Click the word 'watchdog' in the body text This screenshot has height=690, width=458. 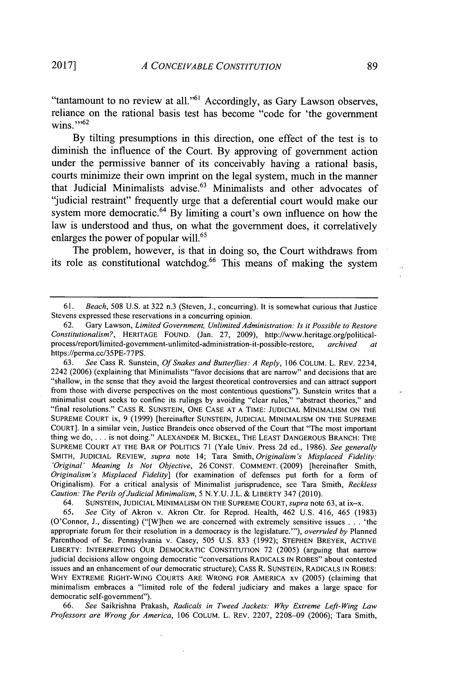coord(186,263)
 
